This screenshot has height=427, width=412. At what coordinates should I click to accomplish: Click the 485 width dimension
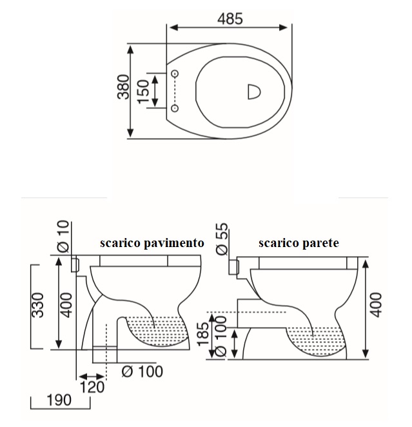[229, 19]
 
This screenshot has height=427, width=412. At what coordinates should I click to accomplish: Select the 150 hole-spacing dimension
[144, 91]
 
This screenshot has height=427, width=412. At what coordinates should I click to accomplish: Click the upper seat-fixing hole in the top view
[175, 74]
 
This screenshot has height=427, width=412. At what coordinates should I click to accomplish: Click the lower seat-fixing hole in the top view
[175, 108]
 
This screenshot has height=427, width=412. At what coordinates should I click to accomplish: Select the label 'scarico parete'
[299, 243]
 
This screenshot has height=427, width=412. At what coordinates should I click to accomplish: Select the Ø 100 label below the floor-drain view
[142, 372]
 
